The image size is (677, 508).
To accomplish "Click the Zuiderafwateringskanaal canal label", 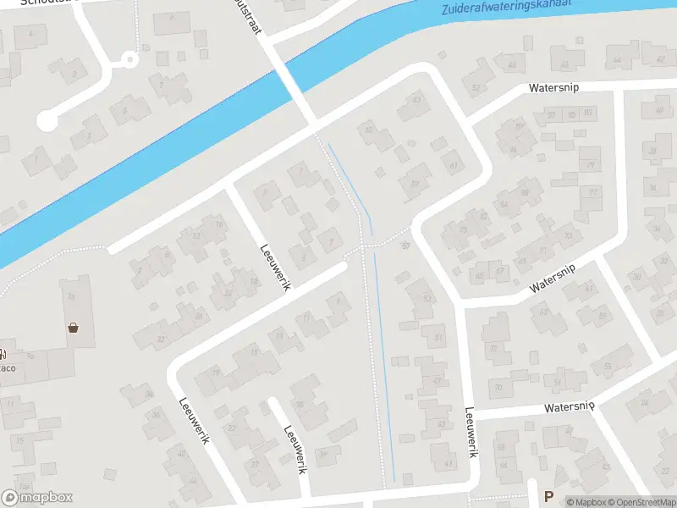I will pos(506,8).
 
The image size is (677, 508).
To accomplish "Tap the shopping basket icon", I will pos(74,327).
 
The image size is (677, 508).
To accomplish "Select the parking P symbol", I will pos(548,497).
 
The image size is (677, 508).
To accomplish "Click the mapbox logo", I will pos(37,498).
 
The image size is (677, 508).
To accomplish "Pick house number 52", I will pos(476,87).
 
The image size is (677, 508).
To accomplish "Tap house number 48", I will pos(511,65).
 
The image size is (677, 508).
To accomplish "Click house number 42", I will pos(660,58).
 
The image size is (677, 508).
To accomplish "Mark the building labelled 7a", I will pos(71,296).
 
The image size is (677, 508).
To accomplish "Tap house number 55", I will pos(606,367).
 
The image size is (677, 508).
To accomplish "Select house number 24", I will pos(200,316).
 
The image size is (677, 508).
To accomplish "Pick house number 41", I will pos(449,463).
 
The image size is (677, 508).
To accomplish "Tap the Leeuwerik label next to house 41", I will pos(471,433).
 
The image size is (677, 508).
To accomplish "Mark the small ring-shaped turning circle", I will pos(129,60).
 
